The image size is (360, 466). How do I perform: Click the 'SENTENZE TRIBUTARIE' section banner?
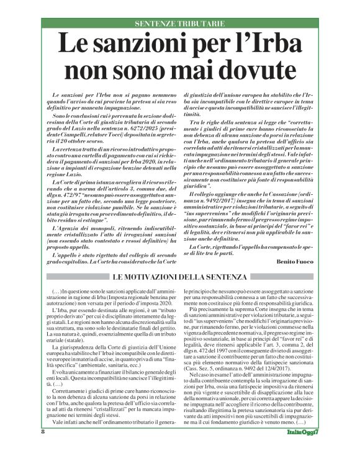pos(179,24)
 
